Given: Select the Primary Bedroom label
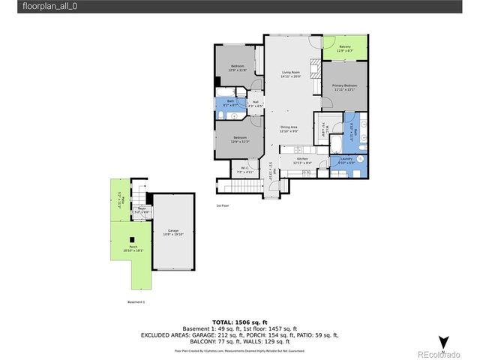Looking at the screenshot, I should [x=344, y=86].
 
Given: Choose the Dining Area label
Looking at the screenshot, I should [x=289, y=129].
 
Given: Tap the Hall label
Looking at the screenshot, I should [x=255, y=103].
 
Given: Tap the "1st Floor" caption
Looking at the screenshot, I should [x=223, y=205].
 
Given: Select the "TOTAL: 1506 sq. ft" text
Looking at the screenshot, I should [x=239, y=322].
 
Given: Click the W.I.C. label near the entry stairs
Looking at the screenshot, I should [x=245, y=171].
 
